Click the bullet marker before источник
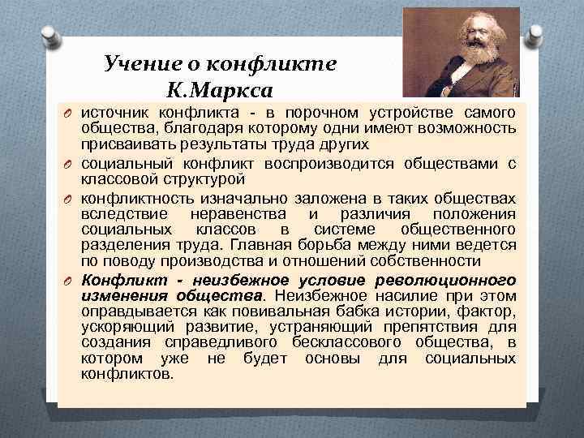[x=70, y=110]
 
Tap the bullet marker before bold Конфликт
[x=70, y=281]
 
